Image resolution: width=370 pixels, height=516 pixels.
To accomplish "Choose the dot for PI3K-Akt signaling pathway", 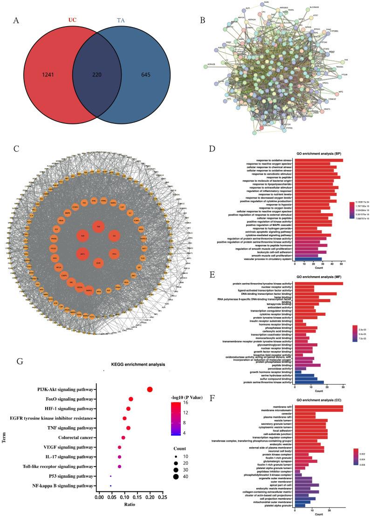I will point(150,389).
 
